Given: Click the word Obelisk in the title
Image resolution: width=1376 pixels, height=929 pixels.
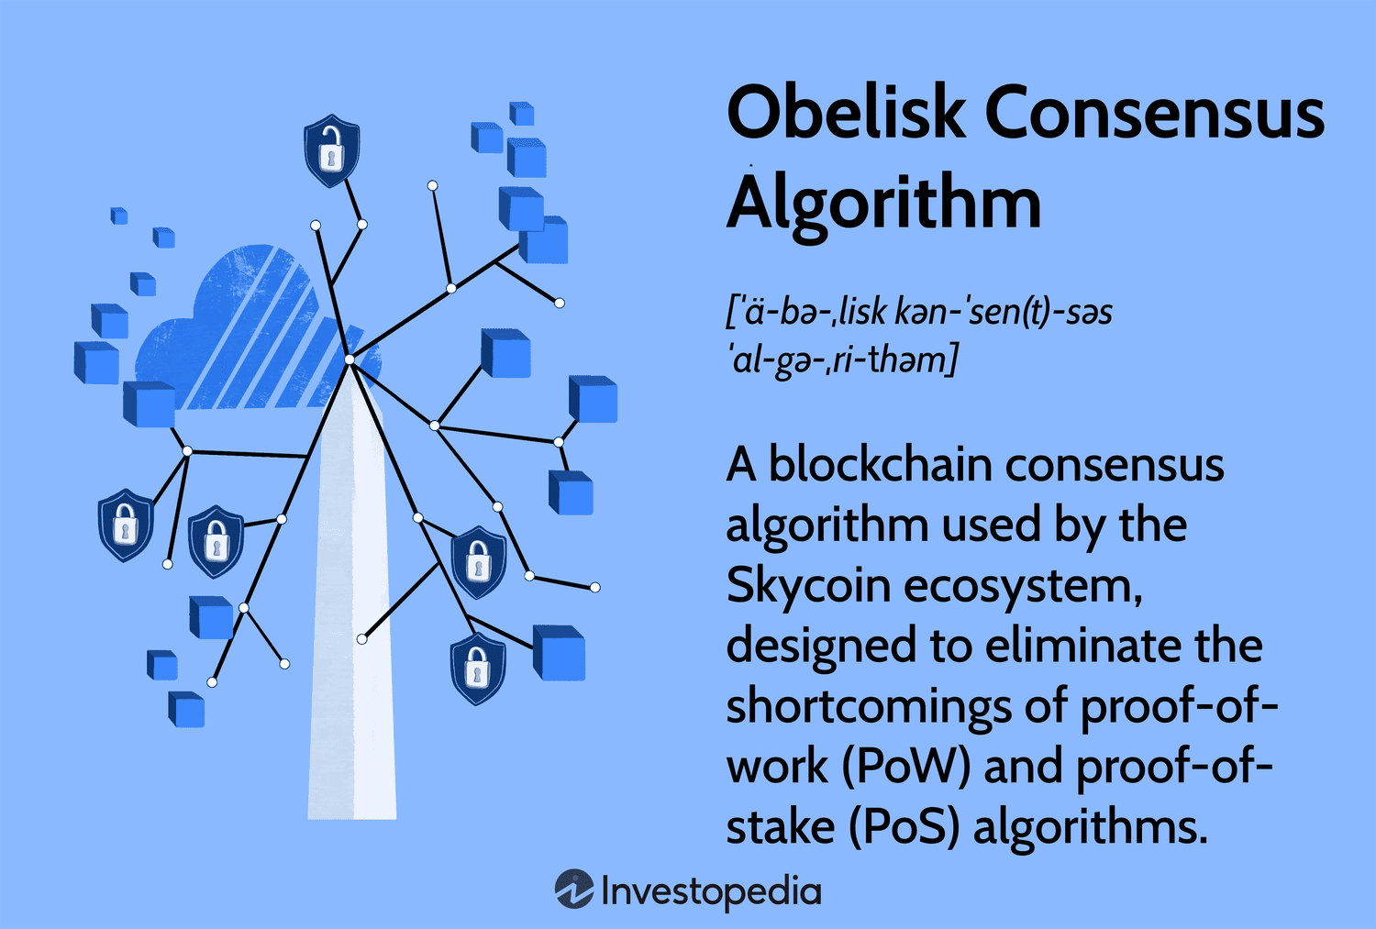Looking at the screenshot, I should pos(846,113).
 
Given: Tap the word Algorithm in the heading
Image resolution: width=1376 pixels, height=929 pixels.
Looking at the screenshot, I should pos(884,204).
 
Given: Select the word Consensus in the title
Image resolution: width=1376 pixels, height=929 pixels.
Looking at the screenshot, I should pos(1155,113).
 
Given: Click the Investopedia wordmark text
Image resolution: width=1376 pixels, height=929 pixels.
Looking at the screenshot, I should pos(711,891).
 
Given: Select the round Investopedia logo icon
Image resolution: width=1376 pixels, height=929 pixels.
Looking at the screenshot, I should pos(574,890).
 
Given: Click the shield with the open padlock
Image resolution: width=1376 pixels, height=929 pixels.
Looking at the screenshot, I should pos(331,150).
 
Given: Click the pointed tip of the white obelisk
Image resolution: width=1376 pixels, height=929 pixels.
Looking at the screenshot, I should pos(350,363).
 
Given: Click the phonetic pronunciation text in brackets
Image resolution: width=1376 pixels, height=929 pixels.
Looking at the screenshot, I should pos(917,336).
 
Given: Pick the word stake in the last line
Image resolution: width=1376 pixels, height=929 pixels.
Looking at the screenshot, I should pos(780,827).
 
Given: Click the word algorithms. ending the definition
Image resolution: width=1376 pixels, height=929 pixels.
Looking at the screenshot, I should pos(1090,827).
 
